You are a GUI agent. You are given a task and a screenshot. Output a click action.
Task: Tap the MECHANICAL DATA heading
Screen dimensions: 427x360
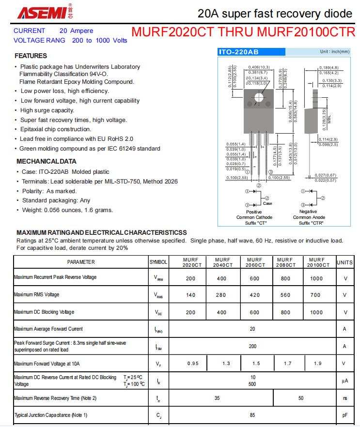coord(47,161)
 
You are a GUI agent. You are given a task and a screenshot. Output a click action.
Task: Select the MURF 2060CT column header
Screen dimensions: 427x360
coord(254,262)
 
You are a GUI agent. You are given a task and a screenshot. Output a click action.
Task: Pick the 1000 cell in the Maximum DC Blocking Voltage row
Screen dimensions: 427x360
coord(316,312)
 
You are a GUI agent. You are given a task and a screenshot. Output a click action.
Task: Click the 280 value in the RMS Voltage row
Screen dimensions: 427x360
coord(221,295)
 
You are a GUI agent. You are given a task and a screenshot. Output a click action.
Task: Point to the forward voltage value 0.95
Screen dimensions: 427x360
coord(193,364)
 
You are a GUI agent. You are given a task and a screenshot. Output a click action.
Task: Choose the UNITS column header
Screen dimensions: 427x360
coord(345,262)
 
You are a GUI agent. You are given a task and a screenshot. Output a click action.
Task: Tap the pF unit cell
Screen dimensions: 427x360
coord(345,415)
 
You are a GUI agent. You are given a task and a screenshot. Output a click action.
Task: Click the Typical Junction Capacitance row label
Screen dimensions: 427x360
coord(51,415)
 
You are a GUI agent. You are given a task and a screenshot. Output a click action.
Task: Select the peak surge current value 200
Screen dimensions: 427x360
coord(252,347)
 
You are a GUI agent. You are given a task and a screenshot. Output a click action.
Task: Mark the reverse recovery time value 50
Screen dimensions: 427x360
coord(301,398)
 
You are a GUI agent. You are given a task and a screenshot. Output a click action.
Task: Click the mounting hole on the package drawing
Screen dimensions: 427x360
coord(258,97)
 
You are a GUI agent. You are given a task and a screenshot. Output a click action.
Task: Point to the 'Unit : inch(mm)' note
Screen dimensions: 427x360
coord(334,52)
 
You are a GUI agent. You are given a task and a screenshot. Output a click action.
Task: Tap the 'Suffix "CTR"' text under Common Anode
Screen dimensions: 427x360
coord(311,223)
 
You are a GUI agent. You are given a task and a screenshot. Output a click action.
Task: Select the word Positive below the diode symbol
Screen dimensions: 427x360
coord(254,212)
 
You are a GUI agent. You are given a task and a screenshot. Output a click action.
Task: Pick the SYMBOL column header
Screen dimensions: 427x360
coord(158,262)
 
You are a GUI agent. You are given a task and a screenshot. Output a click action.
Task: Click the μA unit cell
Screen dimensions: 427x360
coord(345,381)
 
